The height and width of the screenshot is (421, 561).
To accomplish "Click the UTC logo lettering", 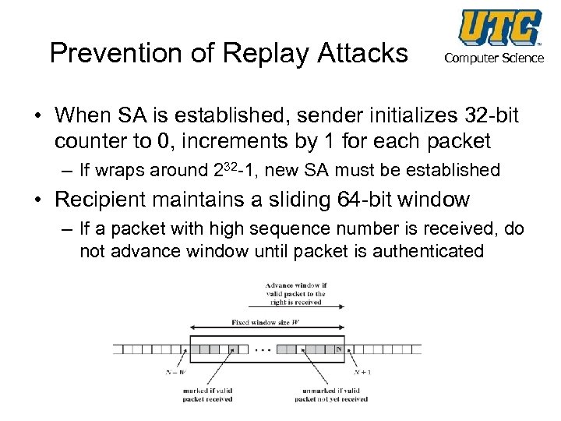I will click(499, 27).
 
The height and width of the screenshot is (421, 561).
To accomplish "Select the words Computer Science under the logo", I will click(494, 58).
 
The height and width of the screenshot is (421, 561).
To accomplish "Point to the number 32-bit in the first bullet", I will click(489, 117).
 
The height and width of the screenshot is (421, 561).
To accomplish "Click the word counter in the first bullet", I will click(90, 141).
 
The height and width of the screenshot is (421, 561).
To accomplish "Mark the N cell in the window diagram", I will click(338, 349).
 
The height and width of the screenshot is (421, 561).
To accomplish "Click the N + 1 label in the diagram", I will click(362, 372).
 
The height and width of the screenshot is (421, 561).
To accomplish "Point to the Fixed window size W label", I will click(264, 323).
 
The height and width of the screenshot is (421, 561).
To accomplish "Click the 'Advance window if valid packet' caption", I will click(295, 294).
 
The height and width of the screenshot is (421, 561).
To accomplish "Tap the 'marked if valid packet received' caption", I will click(208, 394).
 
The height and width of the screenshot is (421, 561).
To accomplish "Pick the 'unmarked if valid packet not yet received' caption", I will click(331, 394).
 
